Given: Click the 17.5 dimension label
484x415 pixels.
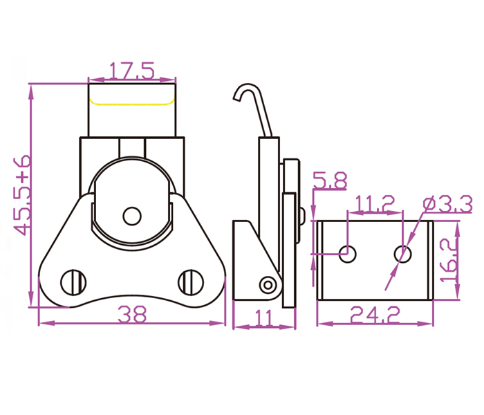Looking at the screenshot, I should coord(131,71).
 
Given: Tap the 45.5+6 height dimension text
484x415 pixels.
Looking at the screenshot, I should coord(22,195).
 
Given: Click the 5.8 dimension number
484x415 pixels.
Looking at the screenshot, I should coord(330,182).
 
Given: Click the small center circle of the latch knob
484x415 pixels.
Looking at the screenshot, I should coord(131,216).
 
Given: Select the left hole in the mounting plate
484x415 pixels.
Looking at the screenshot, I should coord(348,254).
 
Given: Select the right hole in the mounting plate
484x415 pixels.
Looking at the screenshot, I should coord(403,254).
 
